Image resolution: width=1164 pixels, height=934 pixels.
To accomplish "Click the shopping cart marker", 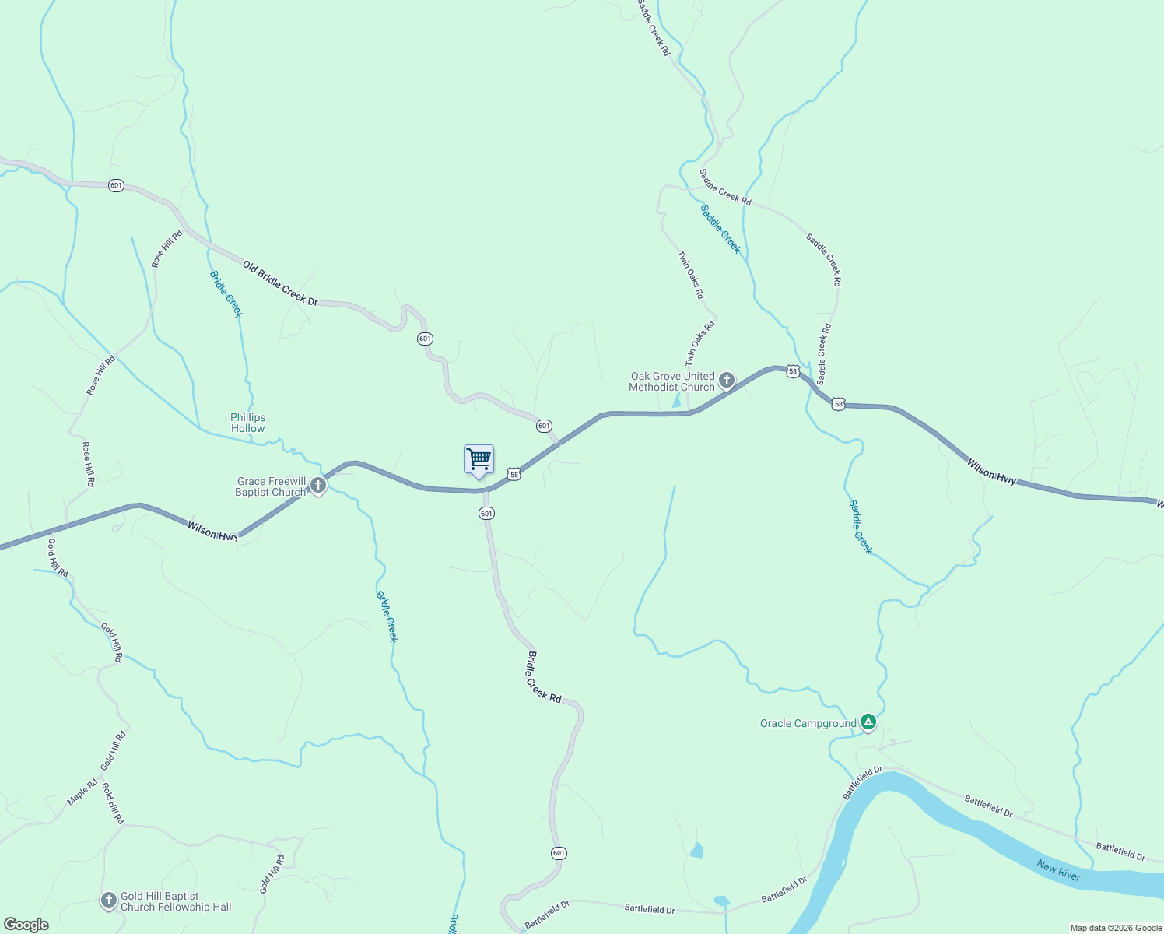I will coord(479,459).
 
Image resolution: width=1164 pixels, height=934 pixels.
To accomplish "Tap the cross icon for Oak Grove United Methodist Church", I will coord(726,381).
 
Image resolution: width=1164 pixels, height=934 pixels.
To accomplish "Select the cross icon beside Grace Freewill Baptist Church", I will coord(317,486).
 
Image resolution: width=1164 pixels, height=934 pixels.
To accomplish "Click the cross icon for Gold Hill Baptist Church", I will coord(109,901).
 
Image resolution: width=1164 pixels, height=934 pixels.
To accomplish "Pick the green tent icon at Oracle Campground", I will coord(868,723).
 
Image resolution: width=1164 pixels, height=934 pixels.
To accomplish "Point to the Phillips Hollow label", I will coord(247,423).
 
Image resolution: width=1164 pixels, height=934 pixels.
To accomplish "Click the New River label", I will coord(1058,870).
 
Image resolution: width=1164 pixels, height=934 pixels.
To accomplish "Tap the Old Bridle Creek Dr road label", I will coord(280,283).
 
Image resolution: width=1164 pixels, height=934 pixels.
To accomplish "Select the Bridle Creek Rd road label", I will coord(544,676).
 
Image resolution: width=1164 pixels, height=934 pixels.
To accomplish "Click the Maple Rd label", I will coord(82,792).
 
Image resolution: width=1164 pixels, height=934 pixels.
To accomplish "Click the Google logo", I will coord(26,925).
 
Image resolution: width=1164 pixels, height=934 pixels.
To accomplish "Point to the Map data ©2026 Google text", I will coord(1115,928).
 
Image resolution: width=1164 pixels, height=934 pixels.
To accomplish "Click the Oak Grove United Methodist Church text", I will coord(672,381).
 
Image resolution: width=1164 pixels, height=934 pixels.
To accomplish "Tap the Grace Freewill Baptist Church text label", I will coord(271,486).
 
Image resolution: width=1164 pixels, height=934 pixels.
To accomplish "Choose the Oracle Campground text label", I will coord(808,724).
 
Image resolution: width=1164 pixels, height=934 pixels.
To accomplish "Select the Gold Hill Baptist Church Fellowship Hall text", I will coord(176,901).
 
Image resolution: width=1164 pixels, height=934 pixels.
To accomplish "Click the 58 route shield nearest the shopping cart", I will coord(514,474).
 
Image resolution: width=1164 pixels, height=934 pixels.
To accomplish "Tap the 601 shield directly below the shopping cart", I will coord(486,514).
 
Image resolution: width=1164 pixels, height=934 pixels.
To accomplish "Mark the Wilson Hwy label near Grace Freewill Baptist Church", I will coord(212,531).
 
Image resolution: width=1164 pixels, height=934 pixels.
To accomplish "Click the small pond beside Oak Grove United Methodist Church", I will coord(677,401).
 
